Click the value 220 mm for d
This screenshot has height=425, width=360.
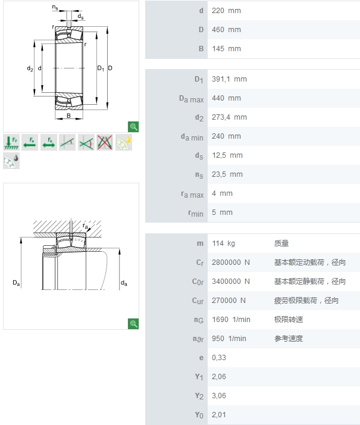coord(226,11)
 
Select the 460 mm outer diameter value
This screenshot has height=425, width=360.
coord(226,30)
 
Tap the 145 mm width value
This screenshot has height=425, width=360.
coord(226,49)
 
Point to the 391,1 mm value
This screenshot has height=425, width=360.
coord(229,79)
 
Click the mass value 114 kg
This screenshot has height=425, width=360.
coord(223,243)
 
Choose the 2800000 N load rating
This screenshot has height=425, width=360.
coord(231,262)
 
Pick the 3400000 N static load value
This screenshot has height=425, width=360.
coord(231,282)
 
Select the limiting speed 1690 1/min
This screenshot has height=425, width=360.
coord(231,320)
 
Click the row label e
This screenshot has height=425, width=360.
coord(201,358)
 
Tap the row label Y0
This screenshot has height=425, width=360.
coord(199,415)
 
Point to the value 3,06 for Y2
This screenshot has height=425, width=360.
coord(219,396)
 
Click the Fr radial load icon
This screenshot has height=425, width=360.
coord(11,142)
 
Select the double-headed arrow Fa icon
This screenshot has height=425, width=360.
coord(49,142)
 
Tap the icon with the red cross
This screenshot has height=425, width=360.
coord(105,142)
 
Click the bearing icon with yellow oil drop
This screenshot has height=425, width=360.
coord(124,142)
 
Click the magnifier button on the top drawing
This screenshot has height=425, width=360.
coord(134,126)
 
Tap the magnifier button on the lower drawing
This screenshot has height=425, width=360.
coord(134,324)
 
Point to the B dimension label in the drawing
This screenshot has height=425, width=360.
coord(68,115)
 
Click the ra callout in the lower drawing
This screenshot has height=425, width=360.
coord(86,227)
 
